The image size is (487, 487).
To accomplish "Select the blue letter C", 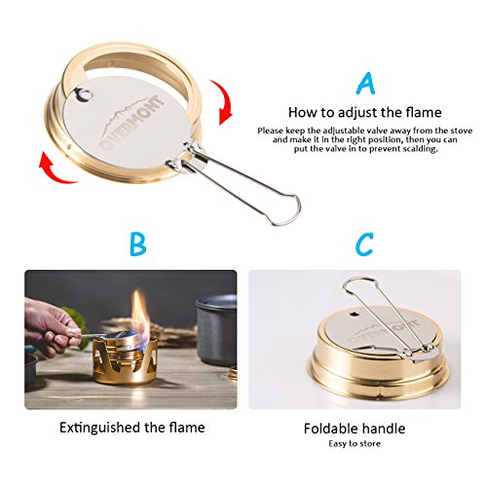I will pyautogui.click(x=363, y=243).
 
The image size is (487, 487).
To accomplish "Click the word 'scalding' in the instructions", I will pyautogui.click(x=419, y=150).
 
